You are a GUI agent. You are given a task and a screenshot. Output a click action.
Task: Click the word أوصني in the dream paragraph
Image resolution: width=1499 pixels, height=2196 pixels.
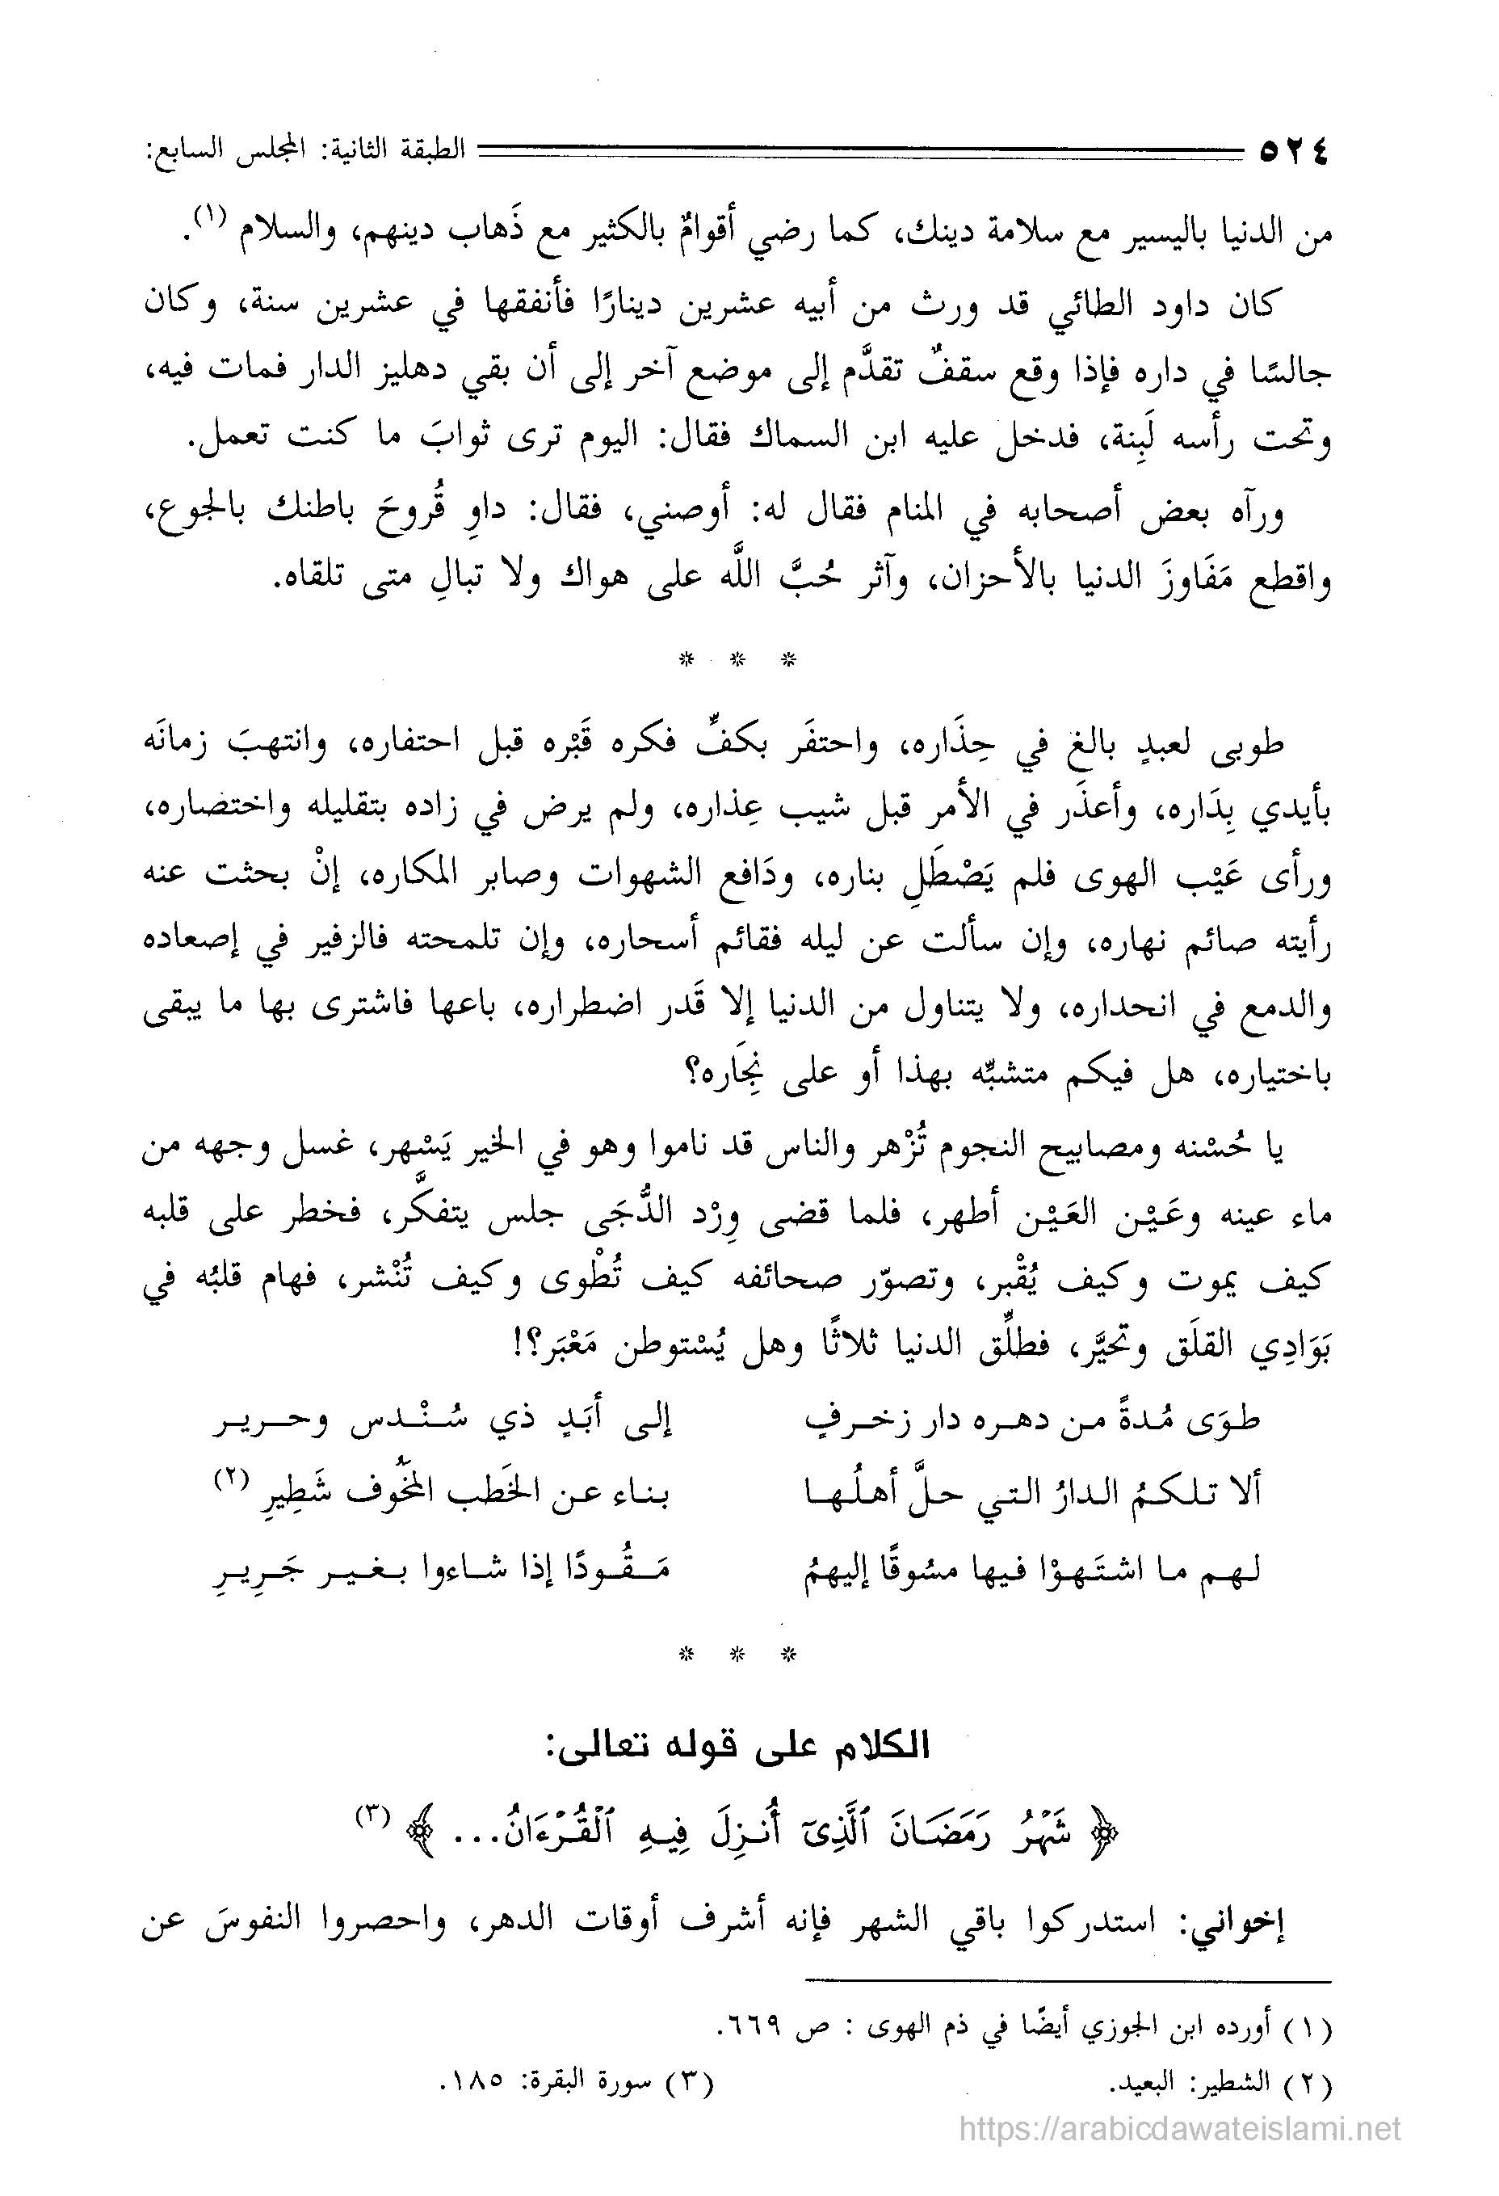click(667, 515)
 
